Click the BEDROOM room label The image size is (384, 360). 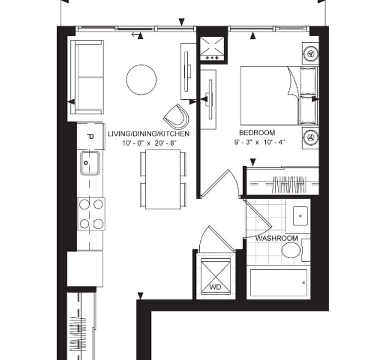point(257,133)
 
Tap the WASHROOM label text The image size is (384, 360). point(276,238)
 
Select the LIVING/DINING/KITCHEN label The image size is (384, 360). point(149,134)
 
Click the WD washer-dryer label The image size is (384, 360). point(215,287)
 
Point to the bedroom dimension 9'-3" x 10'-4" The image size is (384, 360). point(260,142)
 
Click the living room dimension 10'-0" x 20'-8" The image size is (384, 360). point(149,143)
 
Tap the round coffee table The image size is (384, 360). point(141,80)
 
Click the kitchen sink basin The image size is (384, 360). point(90,163)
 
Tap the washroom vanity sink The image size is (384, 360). point(300,216)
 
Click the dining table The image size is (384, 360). point(163,179)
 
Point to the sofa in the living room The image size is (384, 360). point(87,77)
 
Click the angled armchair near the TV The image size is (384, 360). point(177,117)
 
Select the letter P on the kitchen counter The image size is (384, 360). point(90,137)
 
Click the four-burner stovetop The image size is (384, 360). point(91,214)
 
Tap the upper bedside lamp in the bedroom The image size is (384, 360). point(311,53)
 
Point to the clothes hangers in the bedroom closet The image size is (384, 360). point(289,184)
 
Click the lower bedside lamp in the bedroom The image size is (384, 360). point(311,138)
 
